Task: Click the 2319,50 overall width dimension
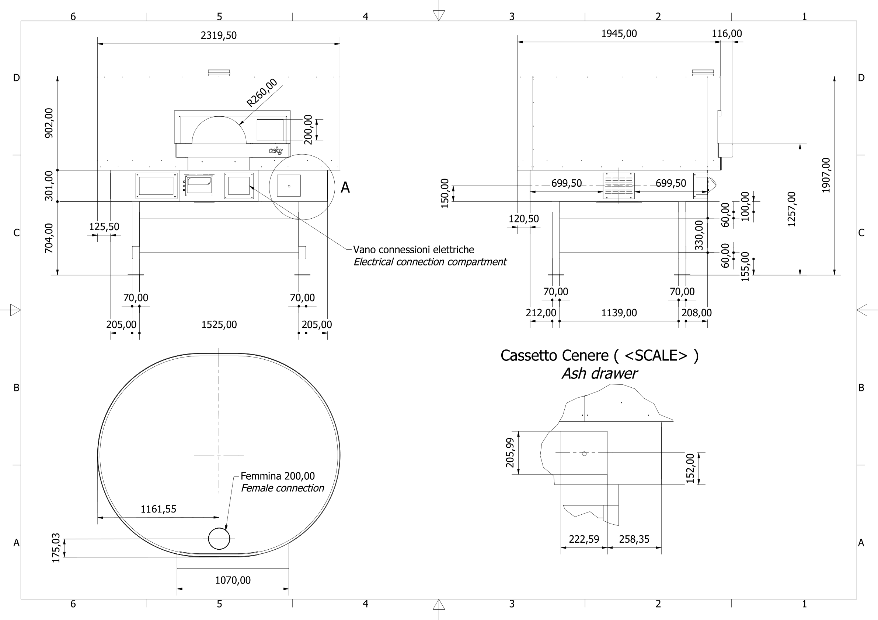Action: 218,35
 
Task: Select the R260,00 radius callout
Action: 262,92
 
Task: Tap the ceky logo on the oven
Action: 275,151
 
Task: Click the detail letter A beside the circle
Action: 345,187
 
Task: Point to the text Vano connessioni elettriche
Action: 413,250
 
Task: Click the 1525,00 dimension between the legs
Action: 219,325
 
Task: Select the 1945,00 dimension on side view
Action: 619,34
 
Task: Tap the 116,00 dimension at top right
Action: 726,34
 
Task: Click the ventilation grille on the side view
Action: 619,186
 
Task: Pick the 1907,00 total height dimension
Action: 826,175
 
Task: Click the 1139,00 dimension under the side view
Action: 619,313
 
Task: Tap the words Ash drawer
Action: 599,374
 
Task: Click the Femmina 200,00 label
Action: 278,476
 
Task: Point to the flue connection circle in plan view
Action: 219,539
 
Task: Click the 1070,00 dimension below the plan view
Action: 233,580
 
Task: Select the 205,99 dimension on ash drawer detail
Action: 510,453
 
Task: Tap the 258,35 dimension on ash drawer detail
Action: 634,539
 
